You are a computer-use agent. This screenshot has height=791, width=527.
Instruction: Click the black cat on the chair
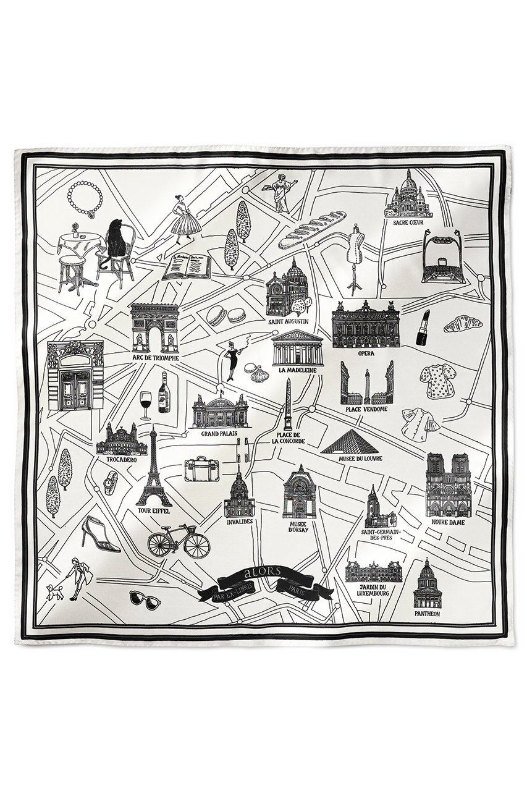(x=116, y=243)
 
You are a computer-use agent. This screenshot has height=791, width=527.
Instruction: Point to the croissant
(x=463, y=323)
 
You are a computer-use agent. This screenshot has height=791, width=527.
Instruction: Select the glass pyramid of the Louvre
(x=350, y=442)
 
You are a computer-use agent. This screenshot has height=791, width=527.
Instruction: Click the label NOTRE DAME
(x=449, y=522)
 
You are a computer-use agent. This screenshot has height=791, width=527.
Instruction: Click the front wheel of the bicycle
(x=197, y=546)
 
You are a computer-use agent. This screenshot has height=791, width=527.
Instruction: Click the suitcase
(x=200, y=469)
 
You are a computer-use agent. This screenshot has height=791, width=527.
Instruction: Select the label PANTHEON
(x=427, y=614)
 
